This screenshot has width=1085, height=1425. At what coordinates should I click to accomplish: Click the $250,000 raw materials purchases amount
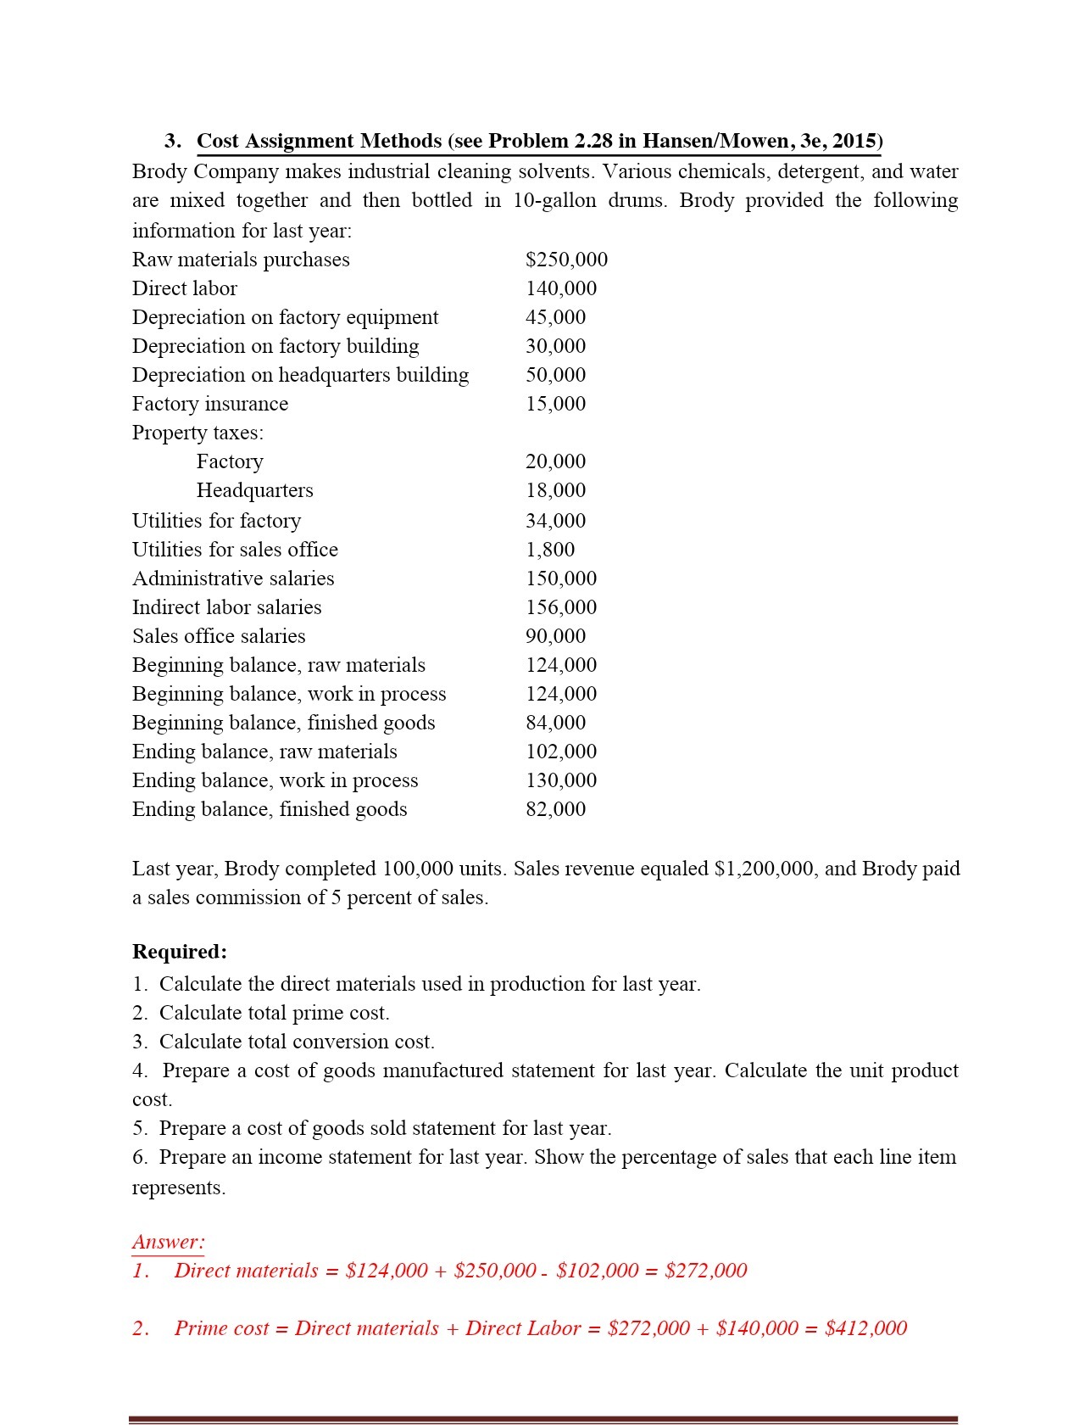(x=566, y=260)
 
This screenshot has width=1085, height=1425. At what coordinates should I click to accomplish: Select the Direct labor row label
(x=185, y=288)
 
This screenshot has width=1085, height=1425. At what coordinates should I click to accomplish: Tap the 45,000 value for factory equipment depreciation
(x=555, y=317)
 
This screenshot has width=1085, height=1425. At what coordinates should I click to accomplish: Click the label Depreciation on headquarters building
(x=300, y=375)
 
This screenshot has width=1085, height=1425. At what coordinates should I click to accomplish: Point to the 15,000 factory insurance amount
(x=555, y=404)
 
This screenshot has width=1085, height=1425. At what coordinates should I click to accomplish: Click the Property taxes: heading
(x=198, y=433)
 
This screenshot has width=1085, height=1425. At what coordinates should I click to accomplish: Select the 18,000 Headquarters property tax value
(x=555, y=490)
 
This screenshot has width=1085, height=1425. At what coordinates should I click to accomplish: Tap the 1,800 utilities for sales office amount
(x=550, y=550)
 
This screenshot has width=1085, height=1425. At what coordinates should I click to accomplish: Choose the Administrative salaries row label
(x=233, y=578)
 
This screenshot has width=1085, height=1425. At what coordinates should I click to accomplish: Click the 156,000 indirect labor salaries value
(x=561, y=607)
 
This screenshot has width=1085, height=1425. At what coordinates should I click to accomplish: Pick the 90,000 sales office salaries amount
(x=555, y=636)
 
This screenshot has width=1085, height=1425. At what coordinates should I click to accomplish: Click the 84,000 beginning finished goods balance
(x=555, y=723)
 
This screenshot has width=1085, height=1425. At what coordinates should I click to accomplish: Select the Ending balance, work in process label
(x=275, y=780)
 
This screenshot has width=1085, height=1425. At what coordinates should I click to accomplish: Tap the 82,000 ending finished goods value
(x=555, y=809)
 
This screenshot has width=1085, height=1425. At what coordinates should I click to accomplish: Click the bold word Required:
(x=180, y=952)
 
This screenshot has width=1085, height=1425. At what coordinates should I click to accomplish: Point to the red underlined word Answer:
(x=169, y=1242)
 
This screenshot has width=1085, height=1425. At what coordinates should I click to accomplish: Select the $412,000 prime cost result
(x=865, y=1328)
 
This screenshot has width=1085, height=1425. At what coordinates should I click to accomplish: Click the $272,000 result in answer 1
(x=706, y=1271)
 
